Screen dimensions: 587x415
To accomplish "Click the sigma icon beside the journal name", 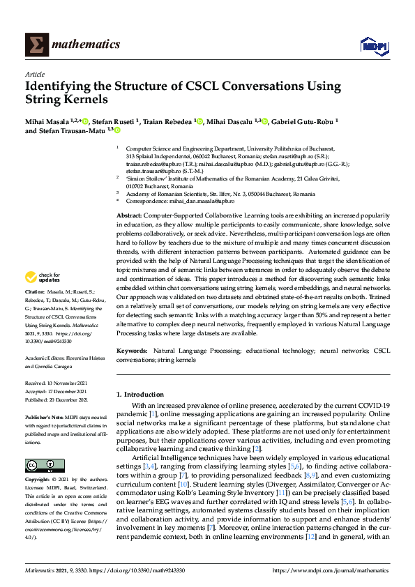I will pos(36,45).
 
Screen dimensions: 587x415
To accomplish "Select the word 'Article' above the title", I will pos(34,74).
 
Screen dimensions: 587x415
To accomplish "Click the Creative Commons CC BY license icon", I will pos(36,465).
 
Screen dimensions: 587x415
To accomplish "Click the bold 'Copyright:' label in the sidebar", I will pos(38,480).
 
